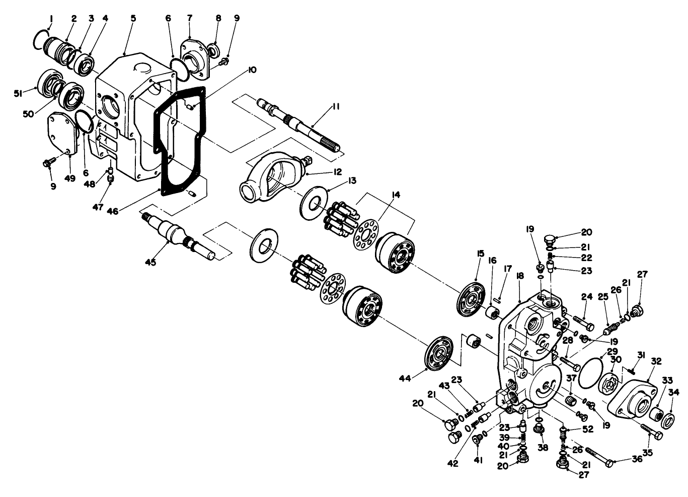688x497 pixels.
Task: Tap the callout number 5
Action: (133, 18)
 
